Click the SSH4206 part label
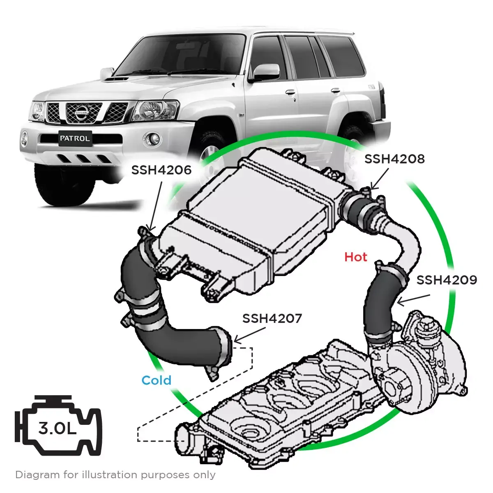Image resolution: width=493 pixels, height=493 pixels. [161, 170]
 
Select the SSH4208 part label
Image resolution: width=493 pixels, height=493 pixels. [394, 159]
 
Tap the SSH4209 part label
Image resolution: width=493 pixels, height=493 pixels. [447, 280]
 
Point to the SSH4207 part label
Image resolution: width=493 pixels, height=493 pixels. [272, 318]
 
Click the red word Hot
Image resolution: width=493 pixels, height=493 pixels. [355, 257]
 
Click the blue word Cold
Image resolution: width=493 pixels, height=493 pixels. [156, 380]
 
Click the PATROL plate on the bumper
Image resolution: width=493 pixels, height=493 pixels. [74, 138]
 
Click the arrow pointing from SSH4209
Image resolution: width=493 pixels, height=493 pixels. [413, 299]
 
